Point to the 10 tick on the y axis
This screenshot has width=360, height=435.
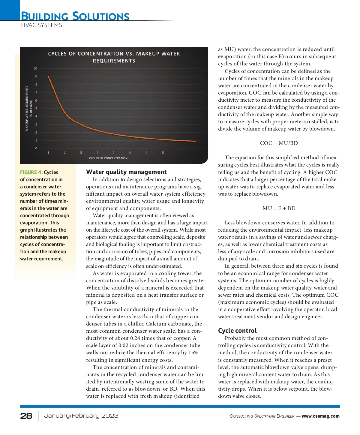[36, 68]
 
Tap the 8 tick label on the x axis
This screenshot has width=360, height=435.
[163, 152]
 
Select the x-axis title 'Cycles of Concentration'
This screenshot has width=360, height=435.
[108, 158]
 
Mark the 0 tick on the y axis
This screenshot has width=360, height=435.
[36, 148]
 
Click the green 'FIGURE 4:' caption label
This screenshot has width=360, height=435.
[31, 172]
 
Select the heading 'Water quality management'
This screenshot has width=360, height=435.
[126, 172]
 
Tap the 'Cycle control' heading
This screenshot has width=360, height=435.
[237, 331]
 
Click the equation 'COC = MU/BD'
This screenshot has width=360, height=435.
[279, 143]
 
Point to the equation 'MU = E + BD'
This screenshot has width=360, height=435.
[279, 208]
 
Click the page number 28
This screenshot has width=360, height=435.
[26, 416]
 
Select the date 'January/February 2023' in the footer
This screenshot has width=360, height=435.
[81, 416]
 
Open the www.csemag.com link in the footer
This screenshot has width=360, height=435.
[320, 416]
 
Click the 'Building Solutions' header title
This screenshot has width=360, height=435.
[75, 16]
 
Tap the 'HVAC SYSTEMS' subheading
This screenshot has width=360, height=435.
[41, 25]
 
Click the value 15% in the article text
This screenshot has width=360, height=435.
[193, 353]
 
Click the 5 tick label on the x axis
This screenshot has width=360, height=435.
[114, 152]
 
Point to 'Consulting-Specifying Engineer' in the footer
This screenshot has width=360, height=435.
[262, 416]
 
